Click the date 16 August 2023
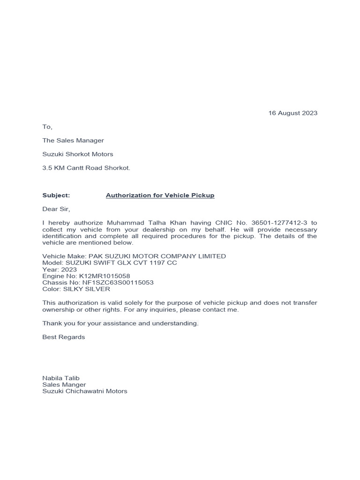click(292, 113)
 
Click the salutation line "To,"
click(47, 127)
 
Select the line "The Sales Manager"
click(73, 140)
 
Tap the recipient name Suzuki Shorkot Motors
click(78, 154)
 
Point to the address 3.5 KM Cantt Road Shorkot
click(86, 168)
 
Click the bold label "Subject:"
click(56, 195)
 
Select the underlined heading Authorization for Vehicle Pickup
click(160, 195)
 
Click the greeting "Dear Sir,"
click(56, 209)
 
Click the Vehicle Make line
click(134, 256)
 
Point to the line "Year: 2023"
click(59, 270)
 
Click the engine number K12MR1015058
click(105, 276)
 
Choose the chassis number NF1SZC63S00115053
click(117, 283)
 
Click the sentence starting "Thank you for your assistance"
click(120, 323)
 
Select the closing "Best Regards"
click(64, 337)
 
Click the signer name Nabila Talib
click(61, 378)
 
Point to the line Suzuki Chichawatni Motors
click(85, 391)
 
